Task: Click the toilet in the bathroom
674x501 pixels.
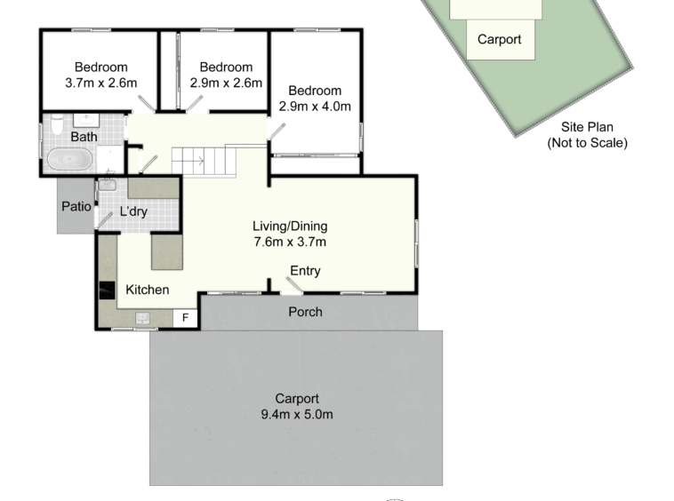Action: click(57, 124)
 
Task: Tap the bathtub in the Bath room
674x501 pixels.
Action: click(69, 159)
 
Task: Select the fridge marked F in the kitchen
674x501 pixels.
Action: click(185, 318)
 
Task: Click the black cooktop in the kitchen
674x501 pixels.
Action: click(107, 290)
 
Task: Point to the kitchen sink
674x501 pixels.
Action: click(142, 318)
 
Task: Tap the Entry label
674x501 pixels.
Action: click(305, 271)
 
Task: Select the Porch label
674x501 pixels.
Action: click(305, 312)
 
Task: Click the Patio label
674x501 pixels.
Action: click(76, 206)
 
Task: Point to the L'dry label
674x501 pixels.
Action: click(133, 211)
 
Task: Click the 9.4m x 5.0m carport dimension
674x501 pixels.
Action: click(297, 414)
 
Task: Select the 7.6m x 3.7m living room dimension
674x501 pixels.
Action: click(290, 242)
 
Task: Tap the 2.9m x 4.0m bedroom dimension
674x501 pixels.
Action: click(315, 106)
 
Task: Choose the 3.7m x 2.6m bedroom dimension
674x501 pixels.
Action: click(101, 83)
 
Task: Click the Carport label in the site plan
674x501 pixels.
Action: click(499, 39)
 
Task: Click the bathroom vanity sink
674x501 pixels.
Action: click(86, 119)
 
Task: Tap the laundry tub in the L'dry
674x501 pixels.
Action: click(107, 185)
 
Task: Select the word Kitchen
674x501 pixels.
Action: click(147, 290)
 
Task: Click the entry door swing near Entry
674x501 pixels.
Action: click(294, 285)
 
